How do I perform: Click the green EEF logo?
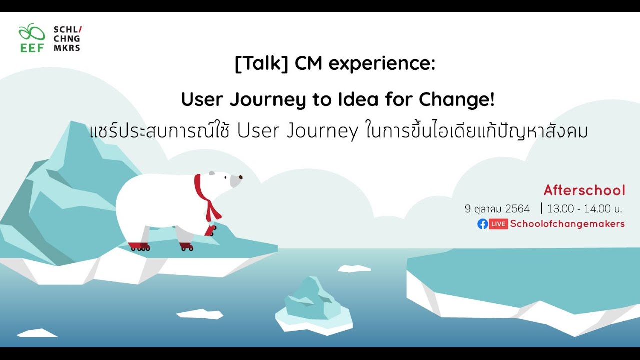coord(32,38)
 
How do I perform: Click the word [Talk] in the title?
coord(261,64)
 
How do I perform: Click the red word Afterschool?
coord(584,190)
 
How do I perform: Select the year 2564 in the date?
coord(517,209)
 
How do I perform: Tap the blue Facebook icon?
coord(482,224)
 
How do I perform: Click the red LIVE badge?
coord(498,224)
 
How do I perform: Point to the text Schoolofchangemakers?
coord(567,224)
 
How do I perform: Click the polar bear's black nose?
coord(241,177)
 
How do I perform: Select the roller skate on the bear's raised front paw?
coord(211,230)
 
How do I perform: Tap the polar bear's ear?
coord(212,173)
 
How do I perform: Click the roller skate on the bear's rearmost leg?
coord(139,246)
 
